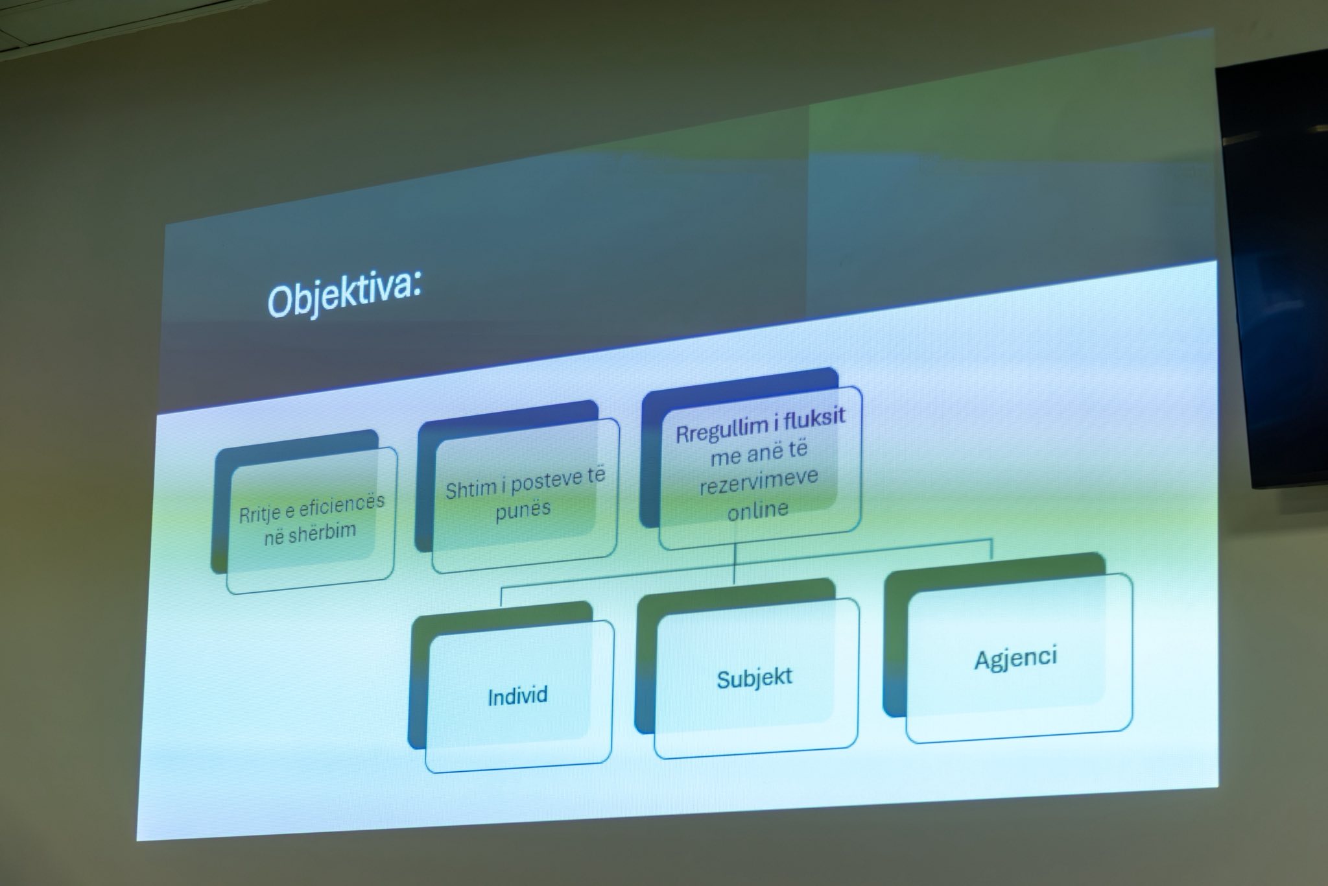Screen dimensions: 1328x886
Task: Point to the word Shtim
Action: click(x=470, y=488)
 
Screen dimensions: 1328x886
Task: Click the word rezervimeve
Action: click(x=759, y=481)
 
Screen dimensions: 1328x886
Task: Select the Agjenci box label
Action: click(x=1016, y=658)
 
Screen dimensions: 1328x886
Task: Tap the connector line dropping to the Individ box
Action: click(x=501, y=595)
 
